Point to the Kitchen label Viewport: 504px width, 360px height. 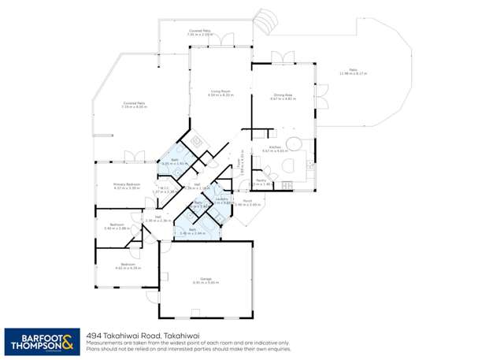(x=275, y=148)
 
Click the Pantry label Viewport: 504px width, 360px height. (x=260, y=181)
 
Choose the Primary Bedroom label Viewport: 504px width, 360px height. (x=126, y=187)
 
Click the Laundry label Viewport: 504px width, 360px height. (x=221, y=200)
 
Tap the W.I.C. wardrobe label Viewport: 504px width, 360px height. (x=165, y=190)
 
